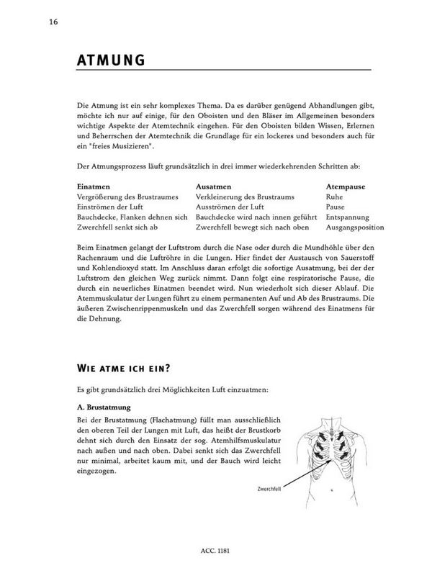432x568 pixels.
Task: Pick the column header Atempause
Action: click(346, 186)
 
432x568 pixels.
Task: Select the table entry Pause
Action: click(335, 206)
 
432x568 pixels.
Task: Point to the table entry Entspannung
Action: click(347, 217)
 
